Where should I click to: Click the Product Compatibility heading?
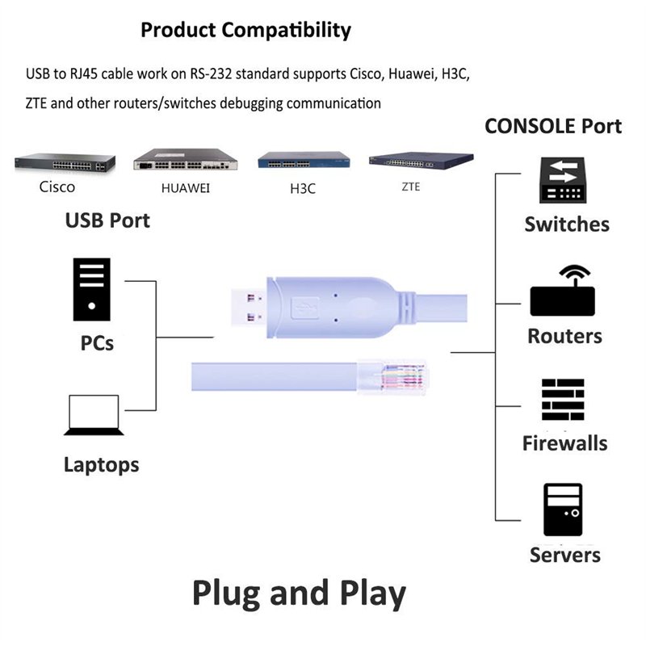click(245, 31)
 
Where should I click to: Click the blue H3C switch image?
click(304, 159)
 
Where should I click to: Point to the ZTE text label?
click(410, 186)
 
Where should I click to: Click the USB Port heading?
click(107, 220)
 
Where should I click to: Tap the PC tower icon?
click(91, 289)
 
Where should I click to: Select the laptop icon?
click(94, 415)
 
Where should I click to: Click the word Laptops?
click(101, 465)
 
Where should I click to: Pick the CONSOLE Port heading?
click(552, 127)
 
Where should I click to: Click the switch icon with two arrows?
click(563, 180)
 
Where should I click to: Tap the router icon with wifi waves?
click(562, 292)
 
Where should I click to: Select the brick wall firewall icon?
click(563, 401)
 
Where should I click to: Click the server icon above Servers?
click(563, 510)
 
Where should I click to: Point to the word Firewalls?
click(564, 443)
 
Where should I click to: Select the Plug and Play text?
click(299, 594)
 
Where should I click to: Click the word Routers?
click(564, 336)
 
